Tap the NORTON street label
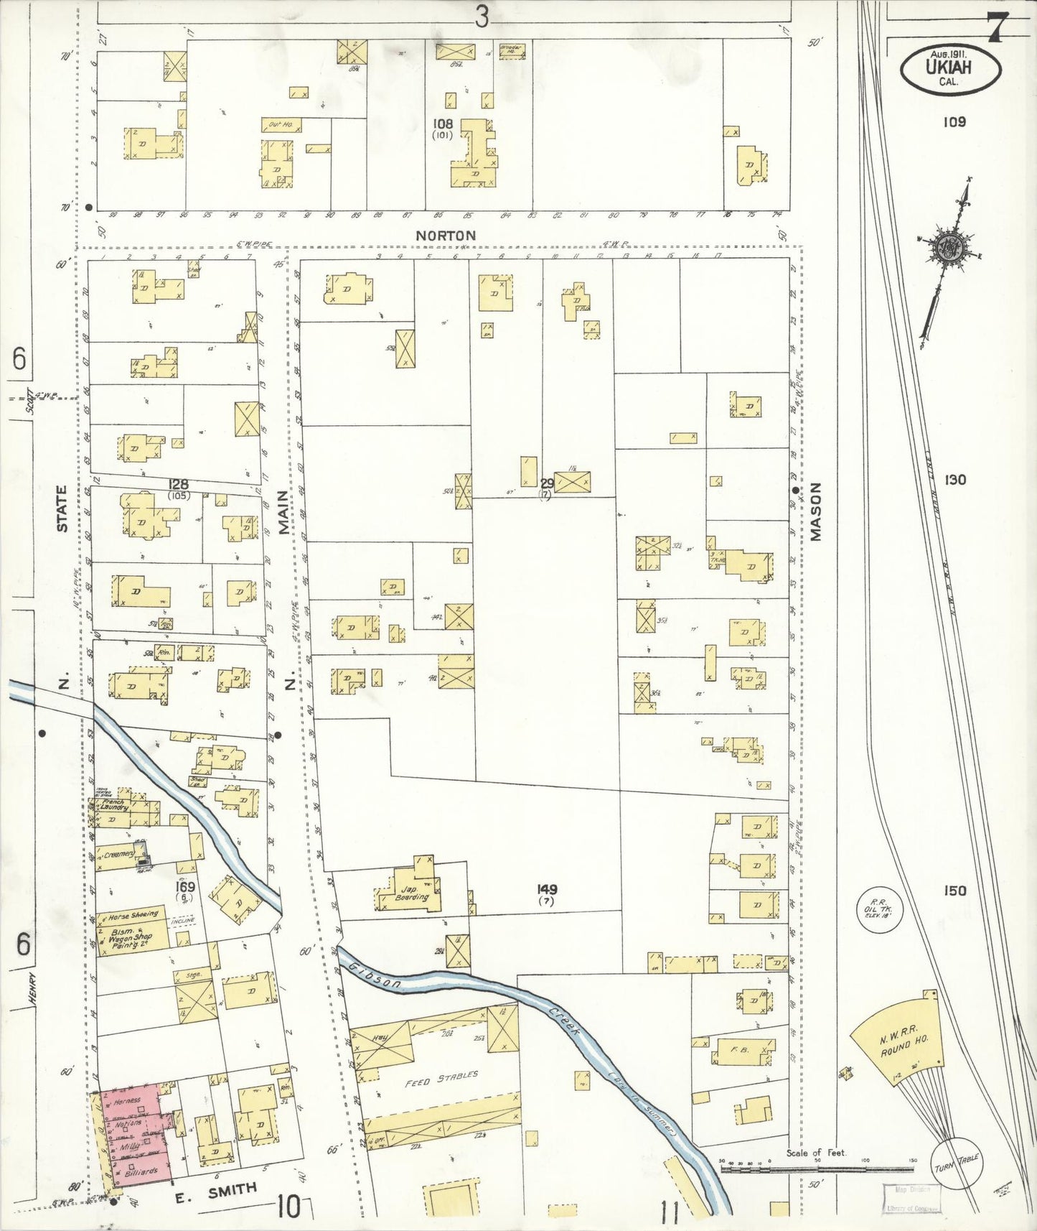click(446, 236)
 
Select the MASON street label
click(815, 511)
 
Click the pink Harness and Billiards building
click(135, 1134)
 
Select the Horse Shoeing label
click(128, 916)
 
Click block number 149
click(547, 889)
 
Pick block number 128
click(178, 485)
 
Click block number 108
click(444, 124)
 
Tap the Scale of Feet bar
click(817, 1169)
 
